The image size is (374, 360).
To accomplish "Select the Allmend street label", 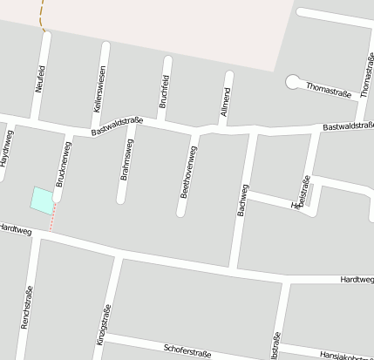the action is [226, 103].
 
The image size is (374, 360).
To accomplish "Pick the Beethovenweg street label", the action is [188, 172].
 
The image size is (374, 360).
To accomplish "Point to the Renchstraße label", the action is [26, 308].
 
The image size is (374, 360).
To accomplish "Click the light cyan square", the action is [41, 199].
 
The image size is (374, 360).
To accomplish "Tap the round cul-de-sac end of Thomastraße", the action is [292, 82].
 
